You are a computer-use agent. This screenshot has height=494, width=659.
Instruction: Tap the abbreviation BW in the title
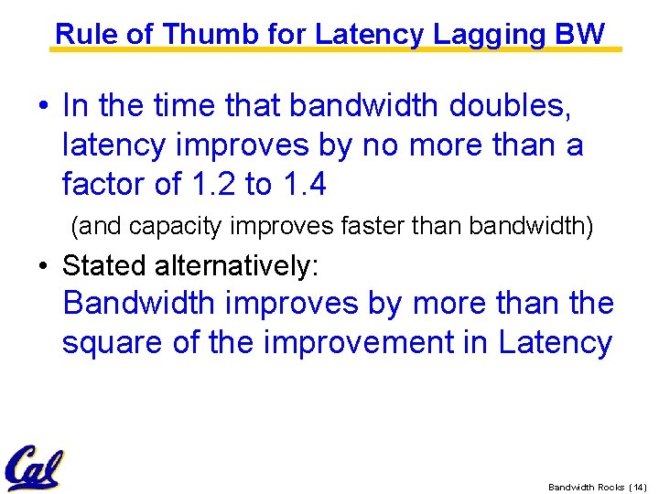pyautogui.click(x=580, y=34)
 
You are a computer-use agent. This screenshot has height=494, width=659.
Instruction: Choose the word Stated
pyautogui.click(x=105, y=266)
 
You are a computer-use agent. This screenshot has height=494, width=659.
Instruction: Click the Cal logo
pyautogui.click(x=33, y=468)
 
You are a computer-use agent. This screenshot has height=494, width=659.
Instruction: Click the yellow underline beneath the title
pyautogui.click(x=335, y=49)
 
